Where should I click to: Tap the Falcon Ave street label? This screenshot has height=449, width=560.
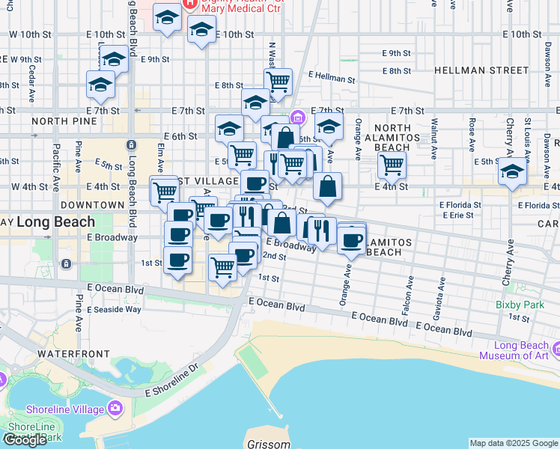[410, 292]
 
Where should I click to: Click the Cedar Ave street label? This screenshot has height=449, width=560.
[33, 79]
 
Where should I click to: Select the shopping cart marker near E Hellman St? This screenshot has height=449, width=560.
[278, 81]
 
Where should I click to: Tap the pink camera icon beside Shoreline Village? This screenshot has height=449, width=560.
[115, 408]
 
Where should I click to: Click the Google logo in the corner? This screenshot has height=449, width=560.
[25, 440]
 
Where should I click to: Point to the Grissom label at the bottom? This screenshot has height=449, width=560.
[269, 444]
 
